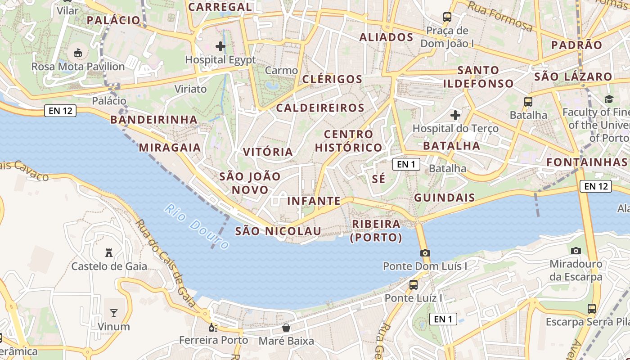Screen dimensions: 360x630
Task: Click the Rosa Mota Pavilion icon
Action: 78,53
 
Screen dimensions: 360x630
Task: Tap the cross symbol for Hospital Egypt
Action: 220,46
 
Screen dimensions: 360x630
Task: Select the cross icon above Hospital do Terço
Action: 455,115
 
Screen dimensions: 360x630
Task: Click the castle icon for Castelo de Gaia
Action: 109,252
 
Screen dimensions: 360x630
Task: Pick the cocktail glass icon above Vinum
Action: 114,313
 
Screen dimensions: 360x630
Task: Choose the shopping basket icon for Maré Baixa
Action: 286,327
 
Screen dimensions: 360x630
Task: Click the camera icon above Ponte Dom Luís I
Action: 425,253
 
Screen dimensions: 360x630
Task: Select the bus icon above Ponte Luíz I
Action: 413,284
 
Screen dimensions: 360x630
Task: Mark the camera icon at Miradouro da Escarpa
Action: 576,251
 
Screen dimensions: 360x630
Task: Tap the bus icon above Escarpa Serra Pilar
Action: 592,309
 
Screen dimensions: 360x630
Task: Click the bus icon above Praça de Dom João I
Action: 447,17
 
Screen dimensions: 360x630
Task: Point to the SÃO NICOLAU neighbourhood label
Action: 278,231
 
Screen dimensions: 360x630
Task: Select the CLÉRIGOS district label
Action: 332,79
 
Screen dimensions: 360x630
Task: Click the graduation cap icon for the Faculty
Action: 609,99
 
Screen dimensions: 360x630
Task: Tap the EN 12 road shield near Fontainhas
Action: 596,186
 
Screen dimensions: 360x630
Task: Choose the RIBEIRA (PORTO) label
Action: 376,230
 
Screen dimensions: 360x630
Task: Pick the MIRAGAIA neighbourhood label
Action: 170,148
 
